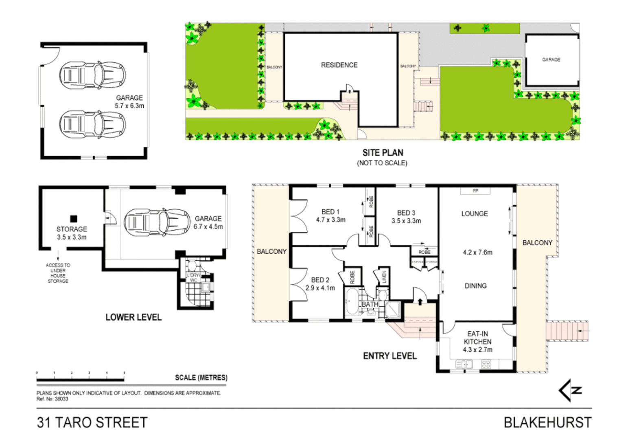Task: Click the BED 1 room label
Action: click(330, 212)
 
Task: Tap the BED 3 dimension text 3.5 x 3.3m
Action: click(406, 221)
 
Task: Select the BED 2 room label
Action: click(320, 280)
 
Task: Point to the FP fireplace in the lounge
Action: click(475, 191)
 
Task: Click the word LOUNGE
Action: click(475, 213)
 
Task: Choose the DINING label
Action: click(475, 286)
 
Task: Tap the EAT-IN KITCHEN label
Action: click(477, 338)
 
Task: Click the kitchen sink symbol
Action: click(464, 364)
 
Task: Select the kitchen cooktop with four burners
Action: click(486, 364)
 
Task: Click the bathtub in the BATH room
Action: click(351, 302)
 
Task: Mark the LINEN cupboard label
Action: click(383, 277)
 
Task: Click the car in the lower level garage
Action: click(157, 222)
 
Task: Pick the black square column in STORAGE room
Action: click(74, 219)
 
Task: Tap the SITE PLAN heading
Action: click(383, 153)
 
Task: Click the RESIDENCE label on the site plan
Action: click(339, 65)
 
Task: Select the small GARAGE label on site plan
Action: click(551, 59)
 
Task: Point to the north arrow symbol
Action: click(570, 390)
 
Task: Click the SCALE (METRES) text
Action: click(201, 378)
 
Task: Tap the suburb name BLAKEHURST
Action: click(547, 422)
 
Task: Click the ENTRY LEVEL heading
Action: click(389, 356)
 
